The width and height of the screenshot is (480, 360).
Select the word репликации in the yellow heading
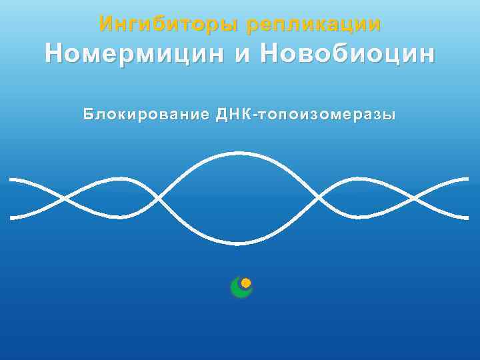pyautogui.click(x=313, y=25)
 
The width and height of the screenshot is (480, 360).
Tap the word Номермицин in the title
pyautogui.click(x=133, y=54)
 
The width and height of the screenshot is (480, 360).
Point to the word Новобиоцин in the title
pyautogui.click(x=347, y=54)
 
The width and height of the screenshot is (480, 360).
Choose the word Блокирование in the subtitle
pyautogui.click(x=147, y=115)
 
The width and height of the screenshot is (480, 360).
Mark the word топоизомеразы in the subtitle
pyautogui.click(x=323, y=115)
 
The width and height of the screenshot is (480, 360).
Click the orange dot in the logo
pyautogui.click(x=246, y=283)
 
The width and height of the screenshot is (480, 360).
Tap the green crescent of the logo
pyautogui.click(x=239, y=290)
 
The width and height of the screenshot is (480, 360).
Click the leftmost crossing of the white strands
pyautogui.click(x=65, y=199)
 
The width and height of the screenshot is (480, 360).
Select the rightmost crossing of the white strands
pyautogui.click(x=415, y=199)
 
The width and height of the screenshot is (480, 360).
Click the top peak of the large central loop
pyautogui.click(x=239, y=154)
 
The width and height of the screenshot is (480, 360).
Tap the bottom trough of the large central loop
pyautogui.click(x=239, y=243)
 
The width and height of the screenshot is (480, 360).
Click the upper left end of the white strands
pyautogui.click(x=12, y=180)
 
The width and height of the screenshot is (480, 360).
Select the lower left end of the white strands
pyautogui.click(x=12, y=217)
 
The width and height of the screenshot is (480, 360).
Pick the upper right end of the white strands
pyautogui.click(x=467, y=179)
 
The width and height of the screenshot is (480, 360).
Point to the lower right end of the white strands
pyautogui.click(x=467, y=217)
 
